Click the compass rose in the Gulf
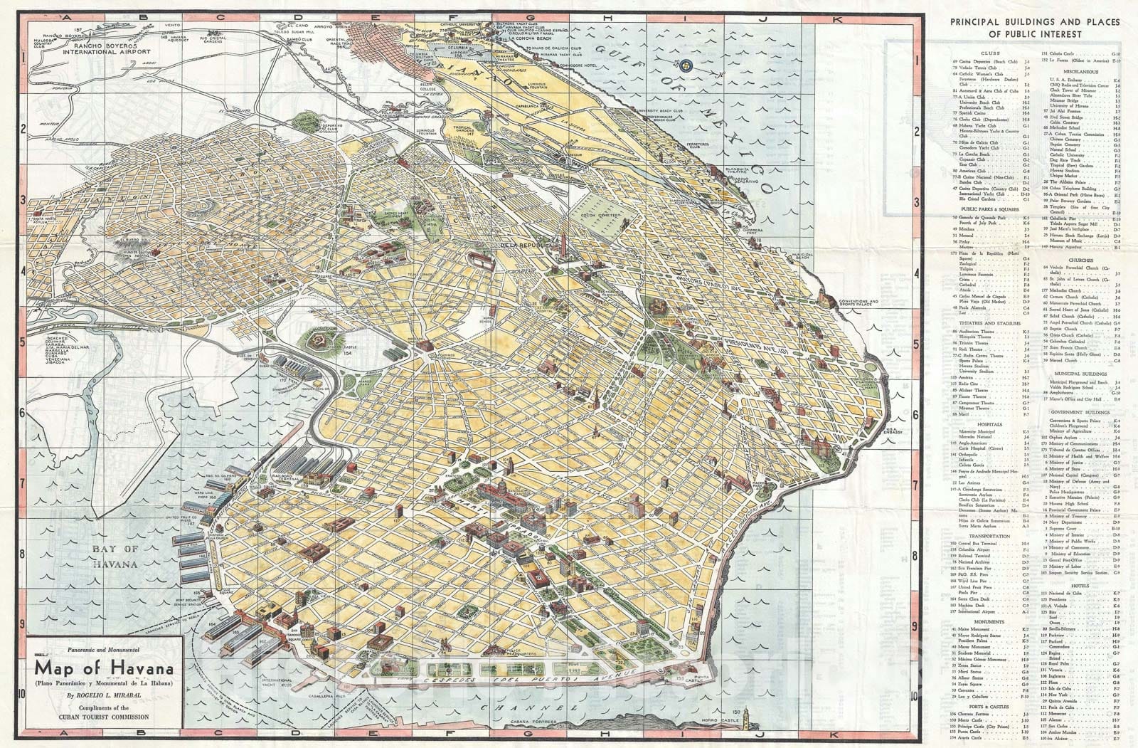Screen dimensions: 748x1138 (x=686, y=64)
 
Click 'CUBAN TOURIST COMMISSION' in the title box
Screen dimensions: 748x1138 (x=105, y=717)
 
